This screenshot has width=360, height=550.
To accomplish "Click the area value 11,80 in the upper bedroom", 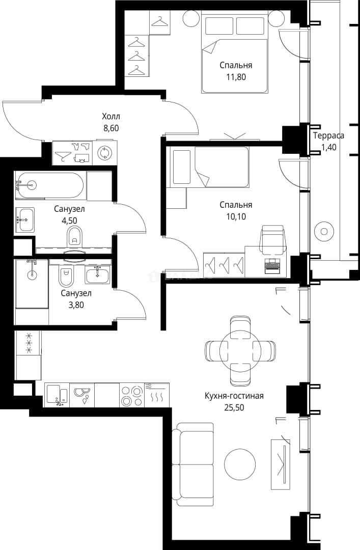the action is (236, 77).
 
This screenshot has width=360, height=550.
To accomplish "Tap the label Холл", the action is (111, 116).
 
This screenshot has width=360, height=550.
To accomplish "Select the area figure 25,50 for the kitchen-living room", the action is (234, 407).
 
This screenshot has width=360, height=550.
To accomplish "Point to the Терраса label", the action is (328, 136).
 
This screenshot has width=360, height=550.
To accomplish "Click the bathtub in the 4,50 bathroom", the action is (50, 185).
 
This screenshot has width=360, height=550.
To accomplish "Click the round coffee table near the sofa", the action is (240, 463).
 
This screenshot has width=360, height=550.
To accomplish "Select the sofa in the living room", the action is (195, 464).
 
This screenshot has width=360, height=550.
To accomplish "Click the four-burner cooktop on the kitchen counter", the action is (131, 395).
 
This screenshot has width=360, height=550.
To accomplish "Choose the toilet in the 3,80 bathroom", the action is (66, 277).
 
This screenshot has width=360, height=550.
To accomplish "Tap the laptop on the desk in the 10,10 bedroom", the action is (271, 265).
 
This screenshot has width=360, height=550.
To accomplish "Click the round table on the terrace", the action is (323, 232).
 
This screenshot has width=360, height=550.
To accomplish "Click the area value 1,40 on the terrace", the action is (328, 147).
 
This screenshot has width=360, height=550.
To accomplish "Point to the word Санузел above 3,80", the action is (76, 293).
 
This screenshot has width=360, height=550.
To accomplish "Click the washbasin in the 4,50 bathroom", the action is (25, 220).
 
